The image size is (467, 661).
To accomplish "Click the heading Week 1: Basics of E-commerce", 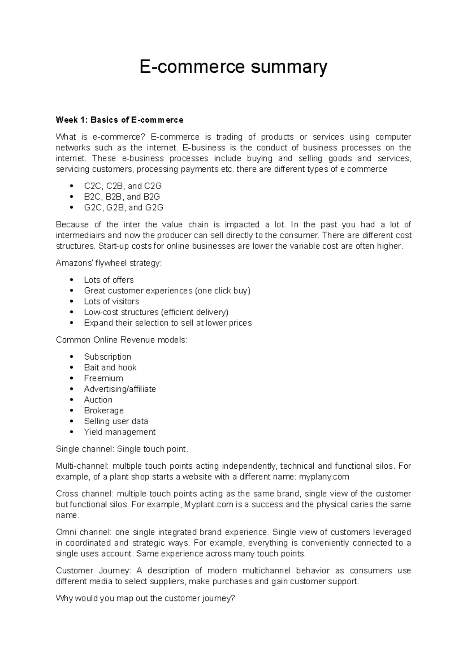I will [119, 120].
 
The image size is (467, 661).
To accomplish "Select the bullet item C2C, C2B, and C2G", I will [123, 186].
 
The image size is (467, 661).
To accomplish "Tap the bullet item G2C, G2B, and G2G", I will [123, 207].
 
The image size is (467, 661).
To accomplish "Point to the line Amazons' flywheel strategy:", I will [108, 263].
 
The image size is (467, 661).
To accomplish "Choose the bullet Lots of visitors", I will [111, 301].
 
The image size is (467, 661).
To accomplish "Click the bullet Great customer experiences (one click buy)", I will [167, 291].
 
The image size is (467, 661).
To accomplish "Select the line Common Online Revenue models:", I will [121, 340].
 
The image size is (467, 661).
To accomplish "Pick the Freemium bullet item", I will [103, 378].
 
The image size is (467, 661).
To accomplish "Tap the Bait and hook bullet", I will [110, 367].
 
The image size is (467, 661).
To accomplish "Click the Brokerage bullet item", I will [104, 410].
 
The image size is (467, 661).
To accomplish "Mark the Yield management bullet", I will [119, 432].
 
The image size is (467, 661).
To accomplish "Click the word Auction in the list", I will [98, 400].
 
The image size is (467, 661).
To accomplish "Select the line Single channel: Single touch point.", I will [122, 449].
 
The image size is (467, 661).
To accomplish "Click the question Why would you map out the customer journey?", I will [146, 598].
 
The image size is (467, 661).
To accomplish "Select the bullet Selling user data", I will [116, 421].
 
